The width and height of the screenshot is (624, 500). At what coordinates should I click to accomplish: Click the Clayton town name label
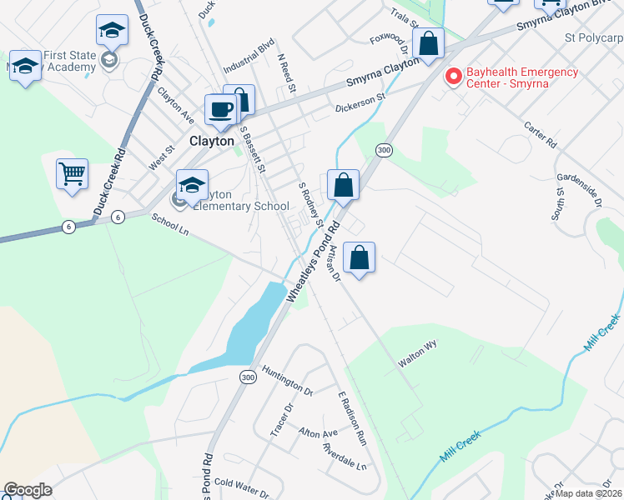click(212, 142)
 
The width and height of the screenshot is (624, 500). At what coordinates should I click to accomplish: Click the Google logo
click(28, 490)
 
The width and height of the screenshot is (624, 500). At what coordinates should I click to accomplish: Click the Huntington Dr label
click(286, 377)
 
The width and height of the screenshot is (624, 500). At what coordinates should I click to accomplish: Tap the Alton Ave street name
click(318, 433)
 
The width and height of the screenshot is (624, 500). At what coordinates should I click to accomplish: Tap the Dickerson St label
click(360, 102)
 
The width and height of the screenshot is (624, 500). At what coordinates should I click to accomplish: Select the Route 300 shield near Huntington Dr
click(248, 377)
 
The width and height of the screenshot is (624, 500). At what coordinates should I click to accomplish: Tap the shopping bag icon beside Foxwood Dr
click(428, 45)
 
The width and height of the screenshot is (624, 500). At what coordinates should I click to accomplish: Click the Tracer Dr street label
click(279, 421)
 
